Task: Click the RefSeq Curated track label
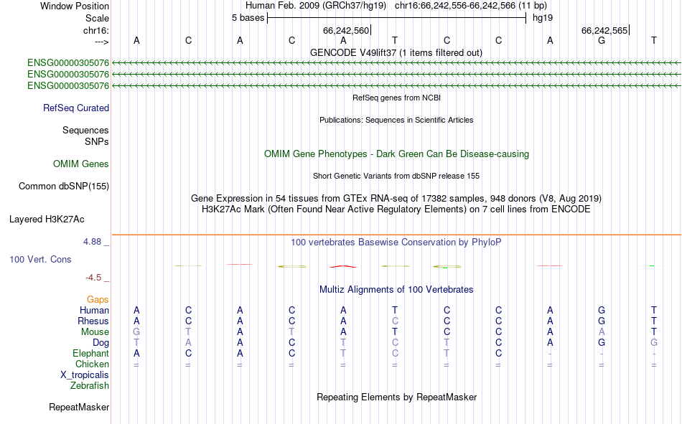click(76, 108)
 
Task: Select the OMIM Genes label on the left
click(81, 164)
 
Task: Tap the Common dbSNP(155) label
click(64, 186)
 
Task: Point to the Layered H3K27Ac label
click(47, 220)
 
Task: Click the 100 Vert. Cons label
click(40, 259)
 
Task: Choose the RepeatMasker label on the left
click(79, 407)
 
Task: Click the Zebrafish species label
click(90, 386)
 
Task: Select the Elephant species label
click(91, 353)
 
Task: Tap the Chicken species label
click(92, 364)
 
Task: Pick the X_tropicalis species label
click(85, 375)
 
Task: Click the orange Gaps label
click(98, 299)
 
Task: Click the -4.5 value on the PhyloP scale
click(93, 278)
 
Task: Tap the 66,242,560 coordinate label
click(346, 30)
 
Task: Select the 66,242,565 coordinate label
click(604, 30)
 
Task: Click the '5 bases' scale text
click(248, 18)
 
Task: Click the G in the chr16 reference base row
click(602, 40)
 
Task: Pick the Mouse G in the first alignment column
click(136, 331)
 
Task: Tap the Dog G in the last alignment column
click(654, 343)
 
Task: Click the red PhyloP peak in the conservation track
click(343, 266)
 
